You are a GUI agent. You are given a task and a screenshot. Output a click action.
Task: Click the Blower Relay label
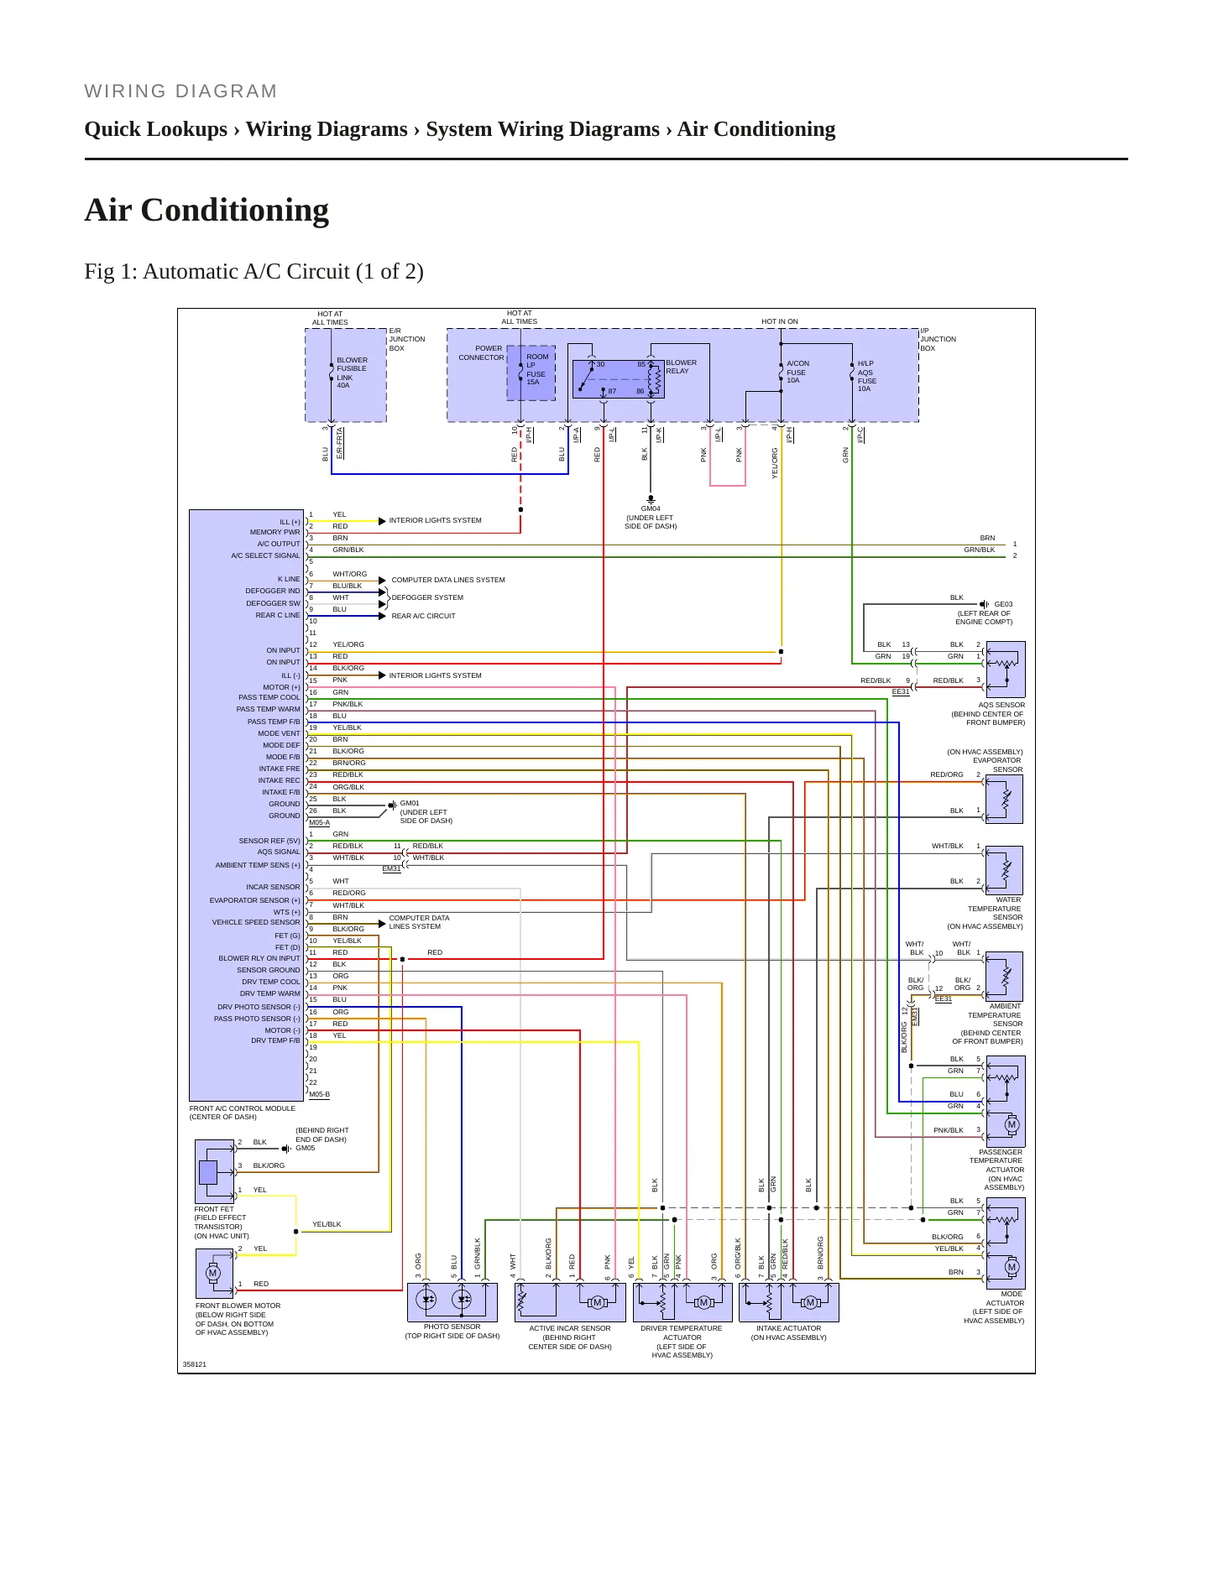[681, 367]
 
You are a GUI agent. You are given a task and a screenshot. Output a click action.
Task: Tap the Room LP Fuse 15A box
[531, 373]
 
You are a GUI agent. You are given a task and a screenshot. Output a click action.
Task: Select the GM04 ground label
[651, 508]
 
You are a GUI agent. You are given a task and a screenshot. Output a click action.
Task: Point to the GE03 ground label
[1003, 604]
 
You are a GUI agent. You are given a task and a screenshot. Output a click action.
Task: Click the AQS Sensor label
[1001, 705]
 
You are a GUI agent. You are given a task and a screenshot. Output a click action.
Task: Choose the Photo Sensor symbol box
[452, 1302]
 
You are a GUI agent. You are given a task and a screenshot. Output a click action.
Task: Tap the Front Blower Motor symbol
[212, 1273]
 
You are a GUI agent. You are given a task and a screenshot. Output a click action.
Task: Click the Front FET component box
[215, 1171]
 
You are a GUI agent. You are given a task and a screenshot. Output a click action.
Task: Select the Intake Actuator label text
[788, 1328]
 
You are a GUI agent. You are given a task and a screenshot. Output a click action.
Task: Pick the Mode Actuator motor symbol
[1012, 1267]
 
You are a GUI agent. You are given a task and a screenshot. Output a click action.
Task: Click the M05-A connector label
[319, 822]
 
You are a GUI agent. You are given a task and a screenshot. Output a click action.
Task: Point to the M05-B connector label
[319, 1094]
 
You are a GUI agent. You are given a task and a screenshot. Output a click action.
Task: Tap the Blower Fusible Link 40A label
[352, 373]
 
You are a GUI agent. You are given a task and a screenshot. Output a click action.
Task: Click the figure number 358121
[195, 1364]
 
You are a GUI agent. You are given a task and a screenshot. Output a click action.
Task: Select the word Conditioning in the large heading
[235, 210]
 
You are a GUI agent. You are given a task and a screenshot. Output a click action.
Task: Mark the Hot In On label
[780, 321]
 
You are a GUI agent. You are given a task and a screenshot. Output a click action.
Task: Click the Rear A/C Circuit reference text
[423, 616]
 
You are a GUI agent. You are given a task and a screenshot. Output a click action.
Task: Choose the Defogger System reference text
[427, 597]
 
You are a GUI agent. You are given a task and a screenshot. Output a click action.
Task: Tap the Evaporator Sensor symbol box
[1004, 799]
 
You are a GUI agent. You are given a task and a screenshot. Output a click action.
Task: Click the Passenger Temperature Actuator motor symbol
[1012, 1124]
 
